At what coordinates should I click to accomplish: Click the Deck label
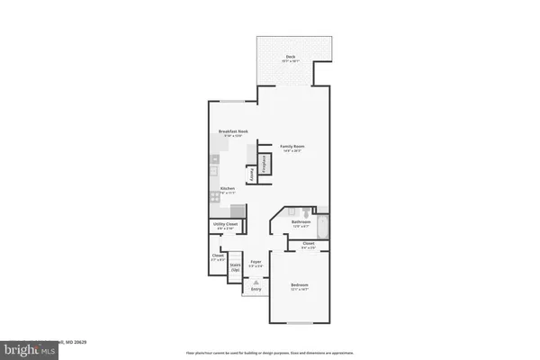[x=291, y=58]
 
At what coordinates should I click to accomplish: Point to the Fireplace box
[x=265, y=165]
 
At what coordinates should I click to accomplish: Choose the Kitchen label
[x=227, y=190]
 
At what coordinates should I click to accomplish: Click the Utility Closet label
[x=226, y=225]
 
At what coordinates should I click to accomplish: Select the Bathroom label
[x=301, y=222]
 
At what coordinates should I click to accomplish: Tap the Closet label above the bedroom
[x=308, y=245]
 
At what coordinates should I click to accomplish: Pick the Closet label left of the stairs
[x=218, y=257]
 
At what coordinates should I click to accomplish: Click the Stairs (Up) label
[x=235, y=265]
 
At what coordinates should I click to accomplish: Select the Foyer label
[x=256, y=263]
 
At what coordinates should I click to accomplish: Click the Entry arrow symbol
[x=256, y=282]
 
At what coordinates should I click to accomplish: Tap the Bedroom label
[x=299, y=287]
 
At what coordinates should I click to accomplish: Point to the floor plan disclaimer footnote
[x=270, y=353]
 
